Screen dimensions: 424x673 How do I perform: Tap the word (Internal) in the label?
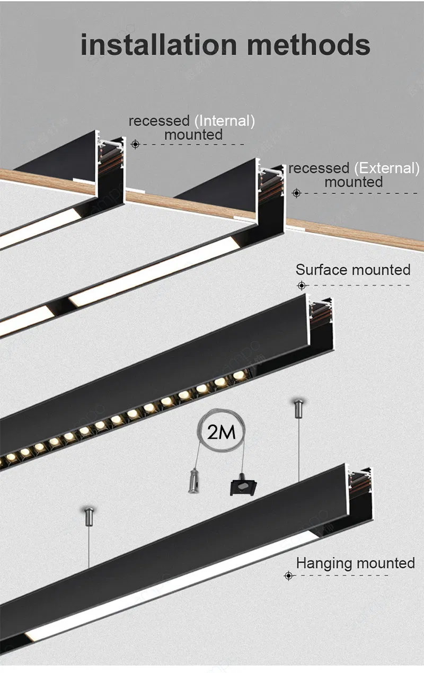pyautogui.click(x=225, y=121)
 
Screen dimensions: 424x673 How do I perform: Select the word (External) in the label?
pyautogui.click(x=387, y=169)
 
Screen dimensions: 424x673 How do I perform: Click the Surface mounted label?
pyautogui.click(x=353, y=270)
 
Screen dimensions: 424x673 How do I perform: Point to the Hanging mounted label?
pyautogui.click(x=356, y=563)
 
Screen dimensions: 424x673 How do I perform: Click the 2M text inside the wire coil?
pyautogui.click(x=222, y=432)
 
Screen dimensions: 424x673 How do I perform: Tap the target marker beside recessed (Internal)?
pyautogui.click(x=136, y=145)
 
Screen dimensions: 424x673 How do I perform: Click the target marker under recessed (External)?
pyautogui.click(x=297, y=193)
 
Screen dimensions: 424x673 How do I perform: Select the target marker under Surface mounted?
pyautogui.click(x=302, y=286)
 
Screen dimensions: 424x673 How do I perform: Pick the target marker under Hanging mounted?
pyautogui.click(x=289, y=575)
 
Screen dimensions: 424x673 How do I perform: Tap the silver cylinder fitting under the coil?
pyautogui.click(x=193, y=481)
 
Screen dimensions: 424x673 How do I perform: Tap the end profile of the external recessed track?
pyautogui.click(x=270, y=197)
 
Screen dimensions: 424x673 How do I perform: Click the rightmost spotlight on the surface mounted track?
pyautogui.click(x=239, y=375)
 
